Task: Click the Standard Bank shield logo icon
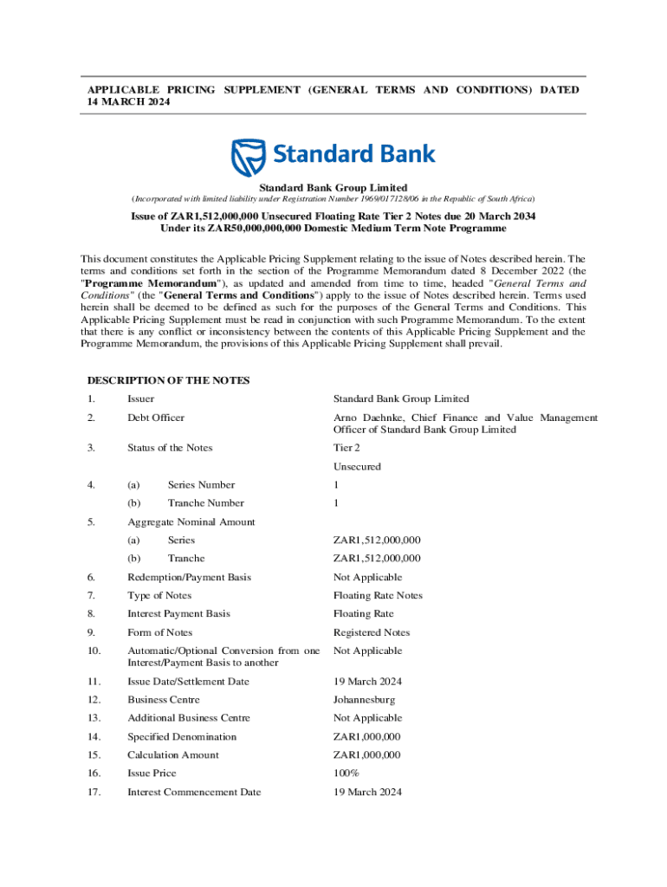click(x=248, y=157)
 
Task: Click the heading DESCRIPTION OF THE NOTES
click(x=168, y=380)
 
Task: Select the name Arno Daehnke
click(x=366, y=418)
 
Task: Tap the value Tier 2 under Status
click(x=347, y=448)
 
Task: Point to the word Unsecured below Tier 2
click(x=357, y=467)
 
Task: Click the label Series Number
click(x=201, y=485)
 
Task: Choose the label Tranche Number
click(x=205, y=503)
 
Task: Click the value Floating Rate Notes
click(x=378, y=596)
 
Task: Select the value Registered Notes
click(x=372, y=632)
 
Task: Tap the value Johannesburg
click(x=364, y=700)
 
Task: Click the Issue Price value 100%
click(x=346, y=774)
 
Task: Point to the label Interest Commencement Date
click(x=194, y=792)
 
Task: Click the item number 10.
click(x=94, y=651)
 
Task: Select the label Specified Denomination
click(x=182, y=737)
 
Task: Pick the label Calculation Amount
click(x=173, y=755)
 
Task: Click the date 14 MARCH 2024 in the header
click(x=128, y=102)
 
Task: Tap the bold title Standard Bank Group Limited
click(x=333, y=188)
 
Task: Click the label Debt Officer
click(x=156, y=418)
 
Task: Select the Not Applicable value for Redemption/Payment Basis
click(x=367, y=578)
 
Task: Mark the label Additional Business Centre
click(x=189, y=718)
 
